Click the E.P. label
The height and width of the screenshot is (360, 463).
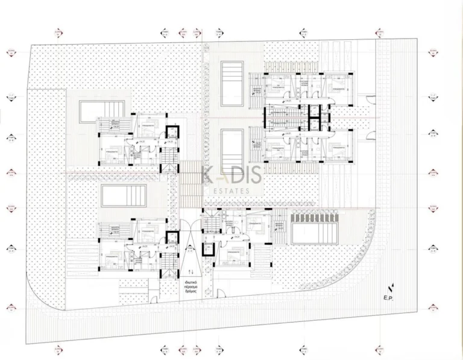pyautogui.click(x=388, y=297)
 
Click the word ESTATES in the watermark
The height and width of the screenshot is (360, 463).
pyautogui.click(x=231, y=191)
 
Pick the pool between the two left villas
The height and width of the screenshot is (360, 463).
pyautogui.click(x=124, y=195)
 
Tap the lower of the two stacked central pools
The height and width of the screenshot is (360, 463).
pyautogui.click(x=231, y=144)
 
